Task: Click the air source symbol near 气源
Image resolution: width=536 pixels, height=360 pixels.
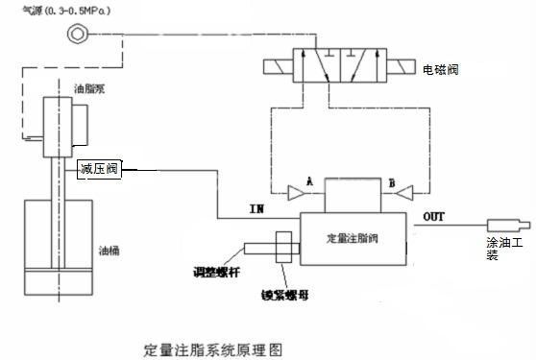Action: (76, 36)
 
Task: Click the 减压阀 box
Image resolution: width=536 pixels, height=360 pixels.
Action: (99, 170)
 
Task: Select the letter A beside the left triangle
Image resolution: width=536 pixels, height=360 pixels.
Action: (309, 180)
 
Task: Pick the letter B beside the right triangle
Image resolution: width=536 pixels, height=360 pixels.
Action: (394, 180)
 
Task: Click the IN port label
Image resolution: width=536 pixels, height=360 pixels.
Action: (256, 206)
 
